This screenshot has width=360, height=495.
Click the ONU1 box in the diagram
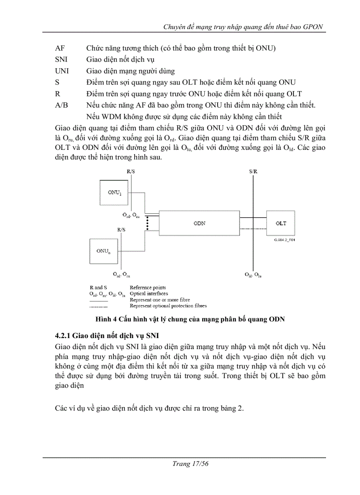pyautogui.click(x=115, y=192)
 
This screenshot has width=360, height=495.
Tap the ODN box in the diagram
pyautogui.click(x=199, y=223)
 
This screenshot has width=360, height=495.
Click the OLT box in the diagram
pyautogui.click(x=281, y=223)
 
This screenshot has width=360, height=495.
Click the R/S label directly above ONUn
pyautogui.click(x=121, y=230)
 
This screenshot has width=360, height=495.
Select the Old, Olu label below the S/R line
pyautogui.click(x=253, y=275)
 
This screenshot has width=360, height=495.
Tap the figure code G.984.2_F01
pyautogui.click(x=284, y=241)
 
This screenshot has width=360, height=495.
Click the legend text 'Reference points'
pyautogui.click(x=147, y=287)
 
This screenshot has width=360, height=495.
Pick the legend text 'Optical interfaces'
pyautogui.click(x=148, y=294)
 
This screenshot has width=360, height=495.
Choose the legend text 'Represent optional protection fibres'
pyautogui.click(x=168, y=305)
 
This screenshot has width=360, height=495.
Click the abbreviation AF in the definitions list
pyautogui.click(x=60, y=48)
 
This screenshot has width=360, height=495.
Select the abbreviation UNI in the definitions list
pyautogui.click(x=62, y=71)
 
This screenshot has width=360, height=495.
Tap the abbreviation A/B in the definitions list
pyautogui.click(x=61, y=105)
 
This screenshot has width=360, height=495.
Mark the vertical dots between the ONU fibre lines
pyautogui.click(x=146, y=223)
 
